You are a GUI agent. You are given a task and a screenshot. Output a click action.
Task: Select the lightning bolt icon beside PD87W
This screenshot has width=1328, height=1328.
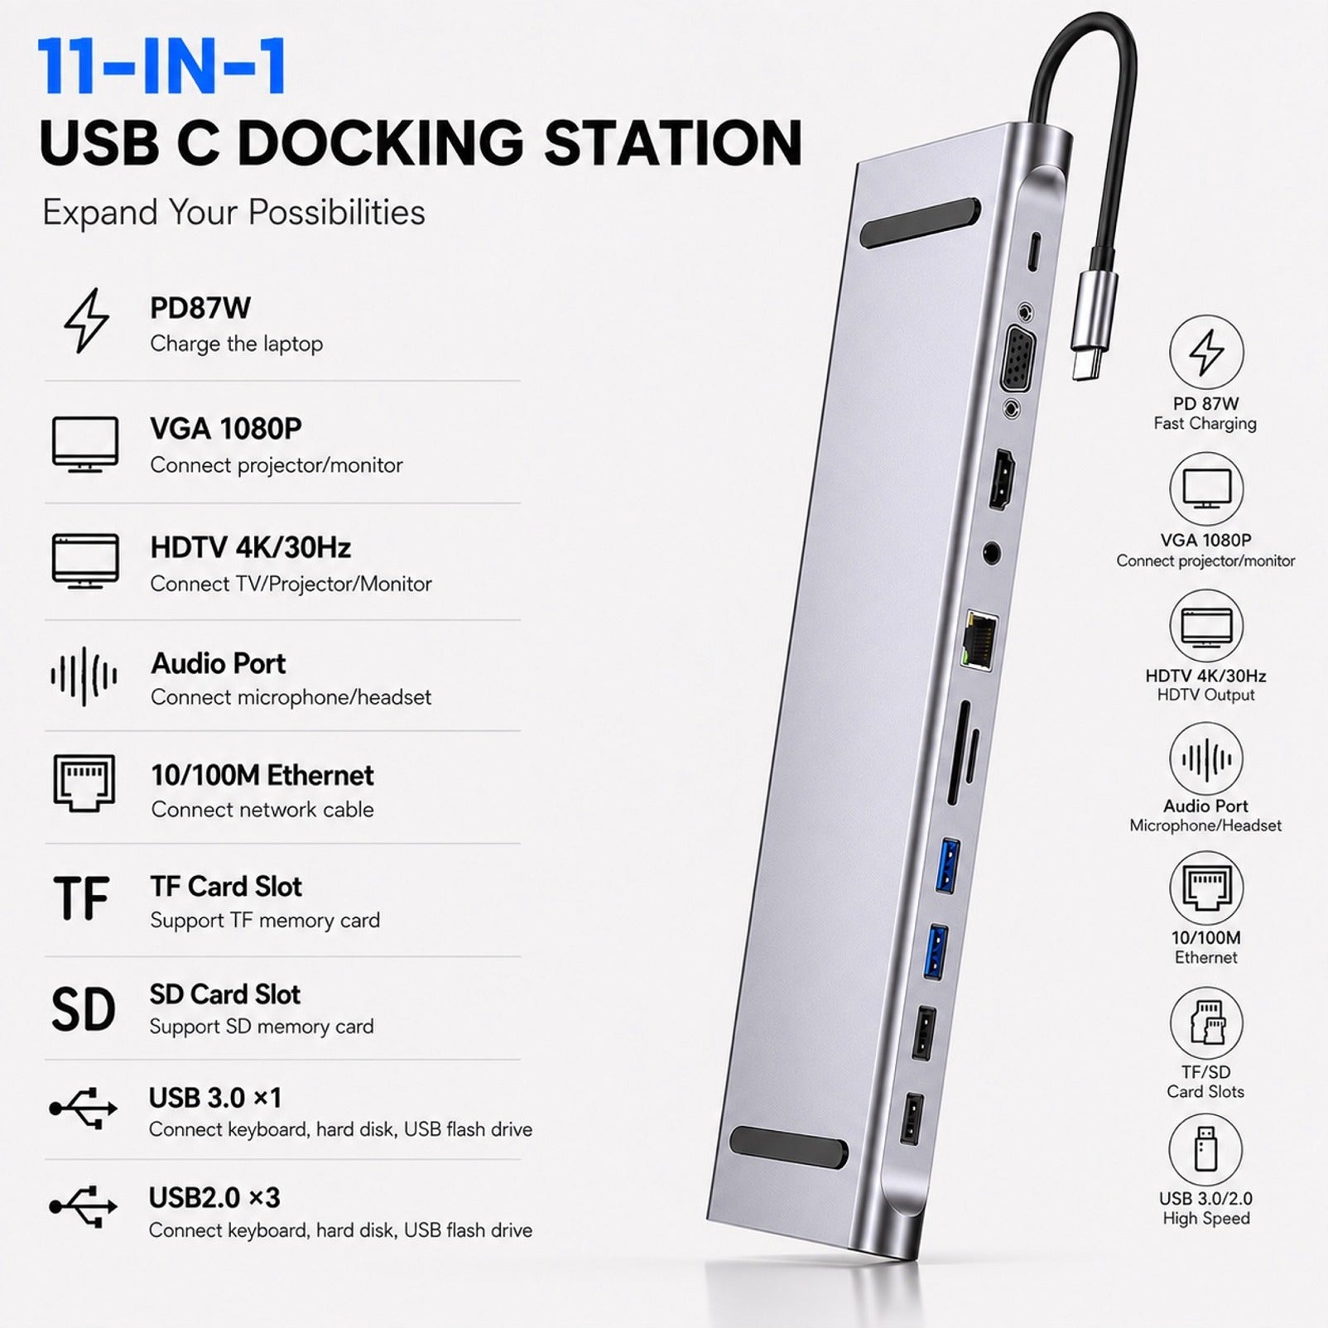(86, 321)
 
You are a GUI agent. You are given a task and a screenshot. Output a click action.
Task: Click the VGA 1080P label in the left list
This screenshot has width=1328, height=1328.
(226, 429)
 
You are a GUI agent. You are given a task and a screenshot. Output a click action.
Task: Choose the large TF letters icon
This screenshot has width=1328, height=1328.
(81, 899)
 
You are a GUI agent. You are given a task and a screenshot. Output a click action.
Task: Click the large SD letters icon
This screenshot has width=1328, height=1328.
(83, 1008)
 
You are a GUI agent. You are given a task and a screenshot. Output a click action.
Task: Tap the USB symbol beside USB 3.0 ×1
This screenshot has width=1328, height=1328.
(84, 1108)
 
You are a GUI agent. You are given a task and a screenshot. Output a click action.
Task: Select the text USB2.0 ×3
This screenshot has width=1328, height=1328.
(214, 1197)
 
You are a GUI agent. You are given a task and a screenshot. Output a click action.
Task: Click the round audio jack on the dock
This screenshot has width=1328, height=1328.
(991, 553)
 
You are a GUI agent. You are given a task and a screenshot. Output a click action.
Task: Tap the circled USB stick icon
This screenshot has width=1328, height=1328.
(1205, 1150)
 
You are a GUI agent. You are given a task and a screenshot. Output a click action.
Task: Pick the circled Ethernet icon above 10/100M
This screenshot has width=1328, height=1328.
(1206, 888)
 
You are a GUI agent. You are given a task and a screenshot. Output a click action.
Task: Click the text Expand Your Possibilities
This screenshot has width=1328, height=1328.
(233, 213)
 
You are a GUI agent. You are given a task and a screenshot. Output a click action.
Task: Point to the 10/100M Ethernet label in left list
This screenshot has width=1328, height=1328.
(262, 776)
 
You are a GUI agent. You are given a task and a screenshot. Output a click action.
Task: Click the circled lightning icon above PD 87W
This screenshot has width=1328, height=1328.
(1206, 352)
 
